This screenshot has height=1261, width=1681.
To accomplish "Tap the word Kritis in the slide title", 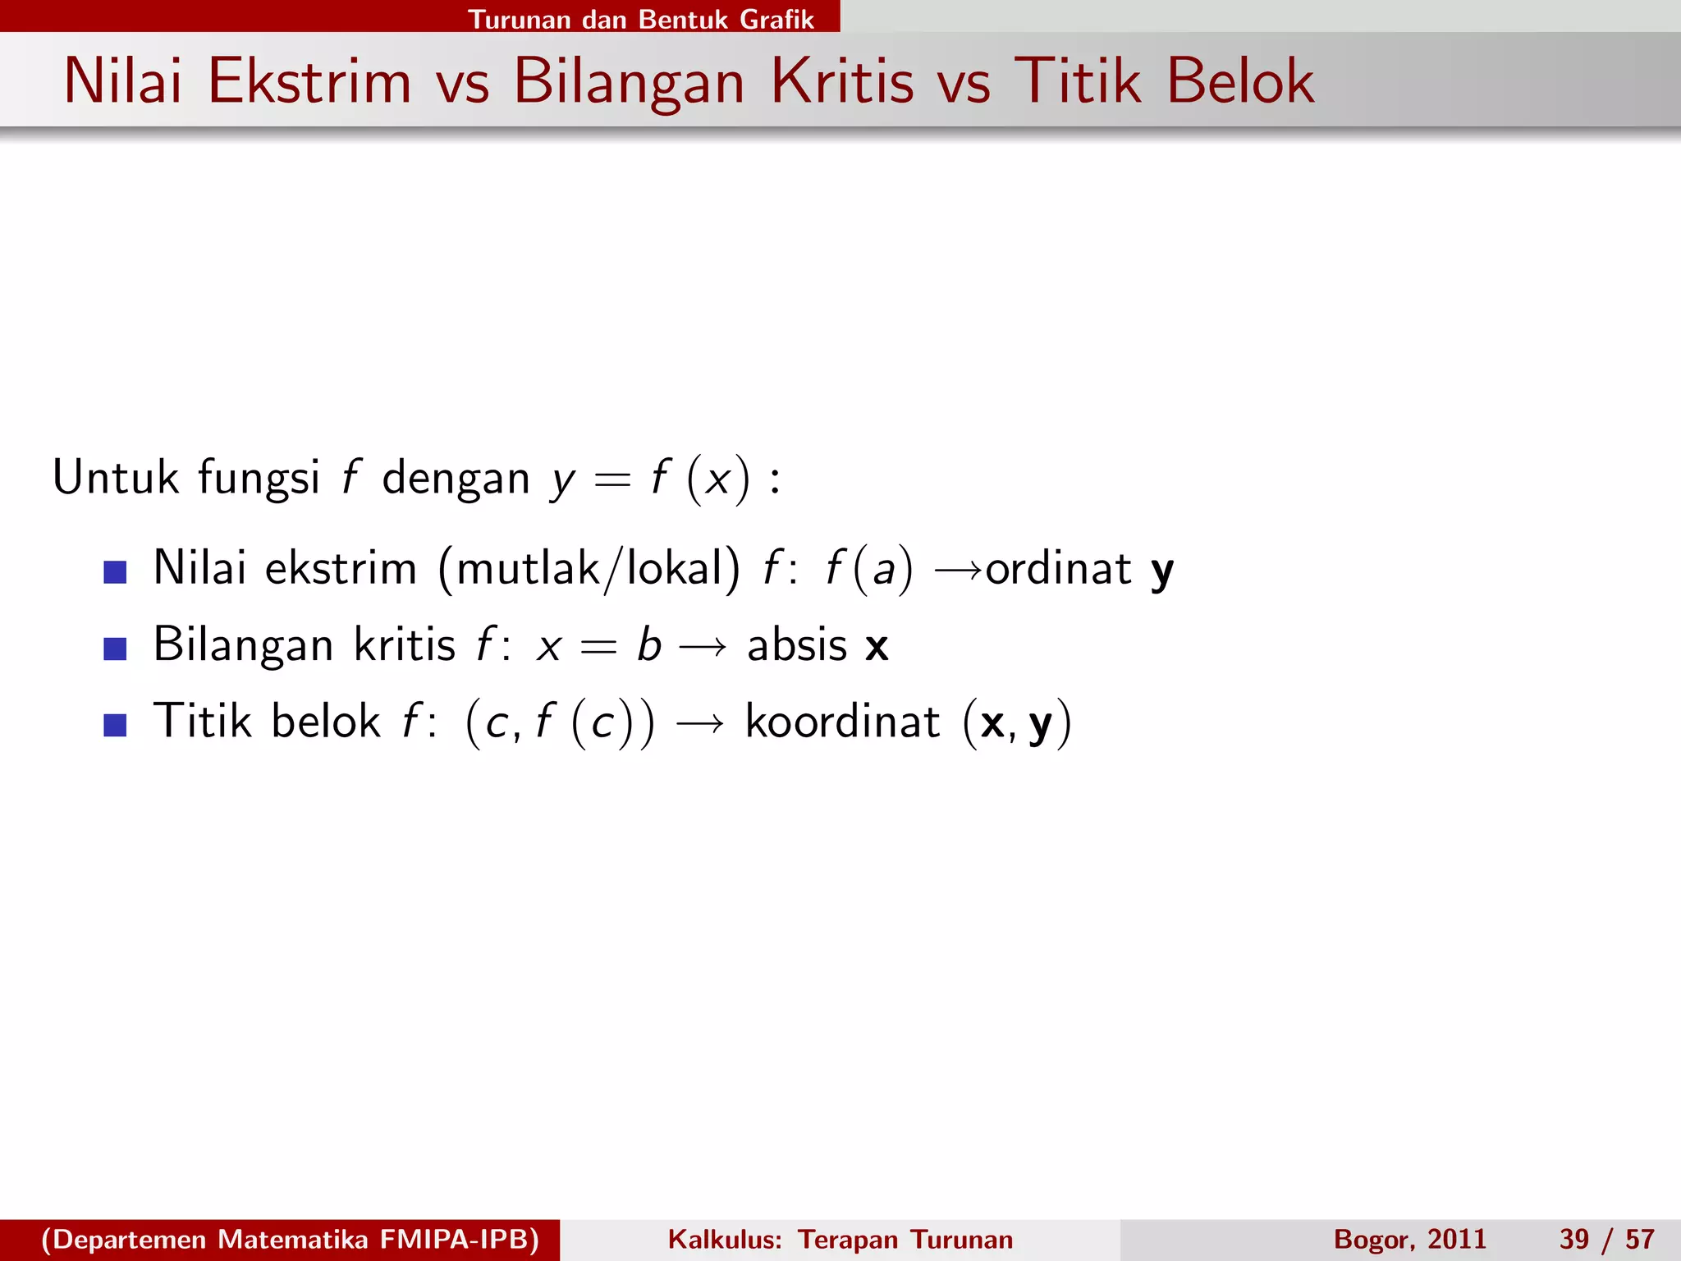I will coord(842,82).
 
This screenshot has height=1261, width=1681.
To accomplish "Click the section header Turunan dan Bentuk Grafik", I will coord(640,19).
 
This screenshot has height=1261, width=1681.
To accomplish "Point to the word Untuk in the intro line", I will coord(116,477).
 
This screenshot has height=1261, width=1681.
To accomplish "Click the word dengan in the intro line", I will coord(456,479).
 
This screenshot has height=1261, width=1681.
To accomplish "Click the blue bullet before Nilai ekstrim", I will coord(116,571).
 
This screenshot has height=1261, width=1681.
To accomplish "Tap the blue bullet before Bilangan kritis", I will coord(116,649).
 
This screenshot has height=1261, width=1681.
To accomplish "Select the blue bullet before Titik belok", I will coord(116,725).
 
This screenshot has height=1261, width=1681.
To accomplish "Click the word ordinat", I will coord(1058,569).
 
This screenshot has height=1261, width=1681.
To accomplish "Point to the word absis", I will coord(796,645).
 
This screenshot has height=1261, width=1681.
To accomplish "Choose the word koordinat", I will coord(842,722).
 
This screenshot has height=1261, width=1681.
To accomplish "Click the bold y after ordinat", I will coord(1162,571).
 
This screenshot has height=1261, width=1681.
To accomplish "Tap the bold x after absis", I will coord(877,647).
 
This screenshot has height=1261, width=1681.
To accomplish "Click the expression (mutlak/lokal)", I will coord(589,569).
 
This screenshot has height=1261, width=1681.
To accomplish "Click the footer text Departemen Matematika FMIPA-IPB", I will coord(290,1240).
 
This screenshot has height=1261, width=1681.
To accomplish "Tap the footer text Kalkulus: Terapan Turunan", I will coord(840,1240).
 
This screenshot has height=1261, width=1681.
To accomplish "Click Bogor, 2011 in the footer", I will coord(1409,1240).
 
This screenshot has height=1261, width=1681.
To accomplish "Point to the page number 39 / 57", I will coord(1606,1240).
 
